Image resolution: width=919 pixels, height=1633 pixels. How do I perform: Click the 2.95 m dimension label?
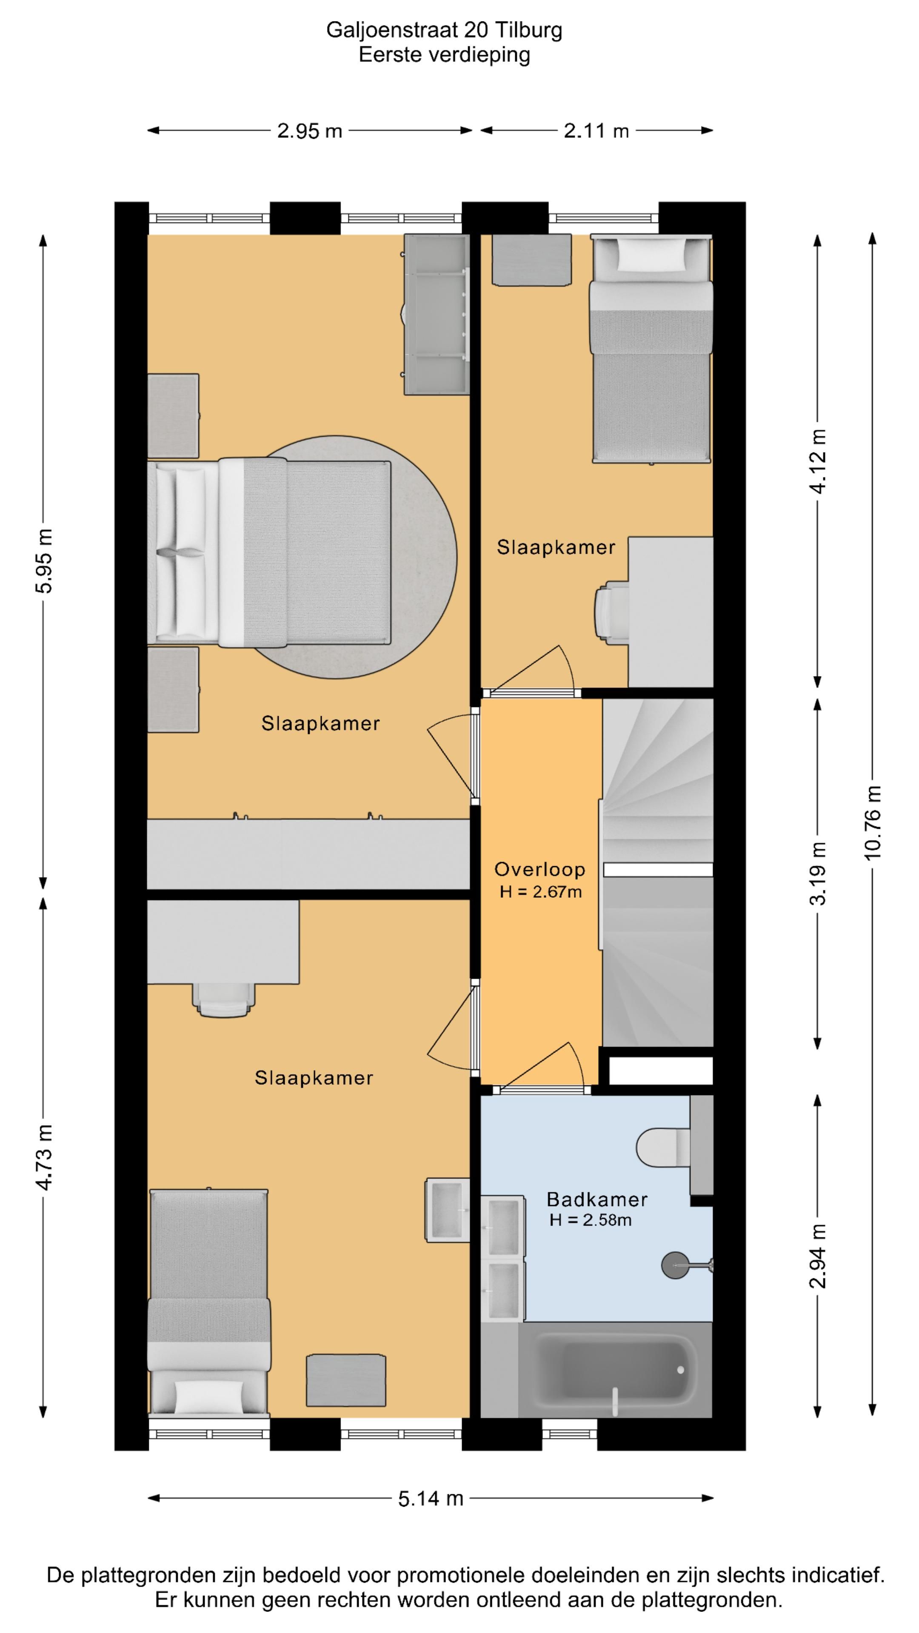tap(309, 131)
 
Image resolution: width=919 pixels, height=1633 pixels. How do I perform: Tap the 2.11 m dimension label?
tap(596, 131)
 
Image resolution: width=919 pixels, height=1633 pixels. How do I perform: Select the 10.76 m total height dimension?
tap(873, 822)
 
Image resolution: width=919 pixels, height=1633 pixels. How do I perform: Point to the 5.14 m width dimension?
tap(431, 1499)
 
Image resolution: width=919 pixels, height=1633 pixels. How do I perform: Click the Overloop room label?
tap(540, 869)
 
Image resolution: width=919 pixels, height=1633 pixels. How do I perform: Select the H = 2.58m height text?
tap(591, 1220)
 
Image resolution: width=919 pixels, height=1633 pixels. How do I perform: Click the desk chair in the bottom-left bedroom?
tap(225, 1000)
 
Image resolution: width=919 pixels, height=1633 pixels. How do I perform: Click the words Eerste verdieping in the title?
tap(444, 55)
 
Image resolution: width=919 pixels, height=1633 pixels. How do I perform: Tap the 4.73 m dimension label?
tap(44, 1157)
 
